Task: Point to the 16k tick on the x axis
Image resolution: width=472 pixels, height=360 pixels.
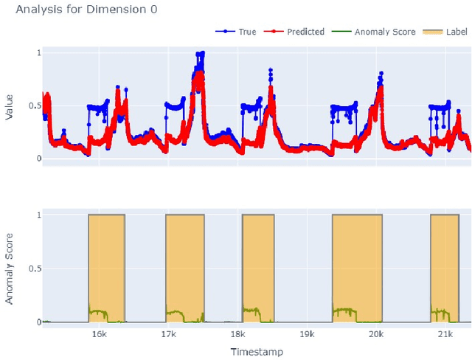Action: pyautogui.click(x=99, y=334)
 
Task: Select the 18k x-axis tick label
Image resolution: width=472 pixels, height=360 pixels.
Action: pyautogui.click(x=237, y=334)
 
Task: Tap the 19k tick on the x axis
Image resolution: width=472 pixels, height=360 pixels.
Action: pyautogui.click(x=307, y=334)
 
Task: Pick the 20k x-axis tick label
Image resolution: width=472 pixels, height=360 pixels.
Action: pyautogui.click(x=376, y=334)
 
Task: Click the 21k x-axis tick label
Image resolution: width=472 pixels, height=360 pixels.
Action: pyautogui.click(x=445, y=334)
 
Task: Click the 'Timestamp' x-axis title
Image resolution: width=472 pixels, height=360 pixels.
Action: pyautogui.click(x=256, y=352)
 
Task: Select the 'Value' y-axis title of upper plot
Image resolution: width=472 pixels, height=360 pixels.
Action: pyautogui.click(x=10, y=105)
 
